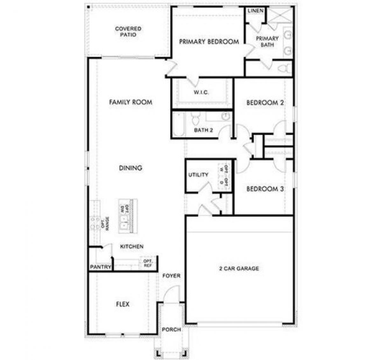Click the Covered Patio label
[128, 32]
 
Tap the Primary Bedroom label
[209, 42]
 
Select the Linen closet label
[256, 11]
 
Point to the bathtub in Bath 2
[179, 124]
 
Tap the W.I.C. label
[201, 93]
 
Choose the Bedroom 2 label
[265, 103]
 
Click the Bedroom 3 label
[265, 189]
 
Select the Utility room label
[198, 175]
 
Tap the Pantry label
[100, 267]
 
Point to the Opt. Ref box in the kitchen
[148, 263]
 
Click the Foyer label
[171, 276]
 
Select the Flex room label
[123, 304]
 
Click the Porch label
[171, 329]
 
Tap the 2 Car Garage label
[239, 269]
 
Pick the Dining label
[131, 168]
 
